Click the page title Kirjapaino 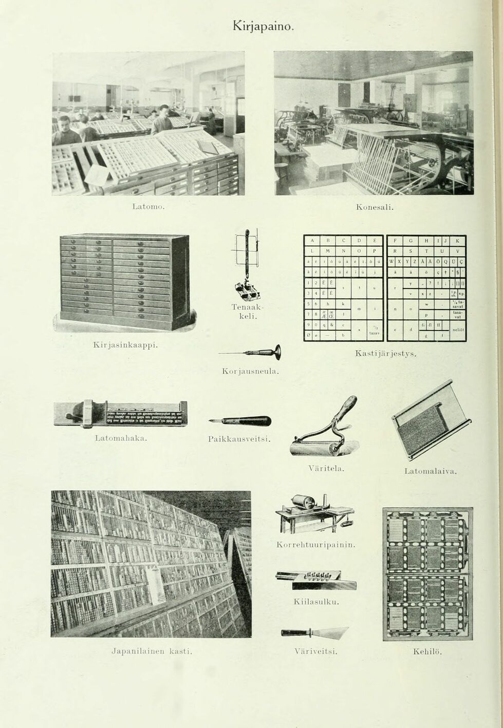click(263, 25)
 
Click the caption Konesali click(375, 207)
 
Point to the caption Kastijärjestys click(385, 354)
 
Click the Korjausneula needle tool click(249, 353)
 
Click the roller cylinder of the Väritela click(316, 447)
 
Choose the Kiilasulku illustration click(316, 579)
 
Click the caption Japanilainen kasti click(152, 651)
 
